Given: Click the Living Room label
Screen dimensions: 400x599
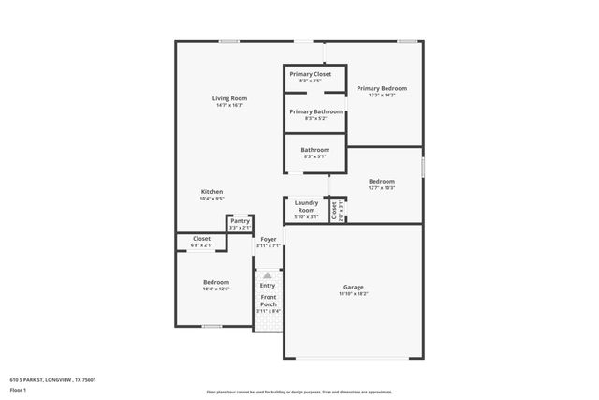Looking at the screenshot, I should click(x=229, y=98).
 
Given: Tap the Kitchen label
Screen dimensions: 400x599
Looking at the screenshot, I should click(x=212, y=192).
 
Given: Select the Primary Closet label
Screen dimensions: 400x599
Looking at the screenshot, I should click(x=310, y=74).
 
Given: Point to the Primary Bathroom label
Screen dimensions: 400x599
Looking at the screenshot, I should click(x=315, y=111).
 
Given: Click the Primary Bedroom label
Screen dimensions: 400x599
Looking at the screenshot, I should click(x=381, y=88).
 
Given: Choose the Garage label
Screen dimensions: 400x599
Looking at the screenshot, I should click(x=353, y=287).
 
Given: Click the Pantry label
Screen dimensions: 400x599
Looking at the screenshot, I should click(x=240, y=221).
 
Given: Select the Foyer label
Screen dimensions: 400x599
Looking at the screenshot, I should click(x=269, y=239).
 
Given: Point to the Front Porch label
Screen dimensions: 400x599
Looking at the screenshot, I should click(x=269, y=301).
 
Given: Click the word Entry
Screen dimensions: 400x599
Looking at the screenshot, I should click(x=268, y=285).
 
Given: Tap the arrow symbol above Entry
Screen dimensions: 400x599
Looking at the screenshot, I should click(x=268, y=275).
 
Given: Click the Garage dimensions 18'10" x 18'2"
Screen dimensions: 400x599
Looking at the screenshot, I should click(x=353, y=294).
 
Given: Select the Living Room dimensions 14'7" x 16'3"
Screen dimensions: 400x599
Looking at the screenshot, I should click(x=229, y=105).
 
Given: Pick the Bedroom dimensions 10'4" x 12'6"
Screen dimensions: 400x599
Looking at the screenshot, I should click(x=216, y=289).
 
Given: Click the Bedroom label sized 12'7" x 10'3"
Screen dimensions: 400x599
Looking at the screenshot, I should click(x=381, y=181).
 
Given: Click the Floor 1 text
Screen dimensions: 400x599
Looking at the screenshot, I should click(x=18, y=389).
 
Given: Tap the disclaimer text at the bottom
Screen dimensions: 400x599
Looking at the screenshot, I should click(x=299, y=392).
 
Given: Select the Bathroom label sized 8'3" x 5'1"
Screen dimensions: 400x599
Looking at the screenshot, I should click(x=315, y=150).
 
